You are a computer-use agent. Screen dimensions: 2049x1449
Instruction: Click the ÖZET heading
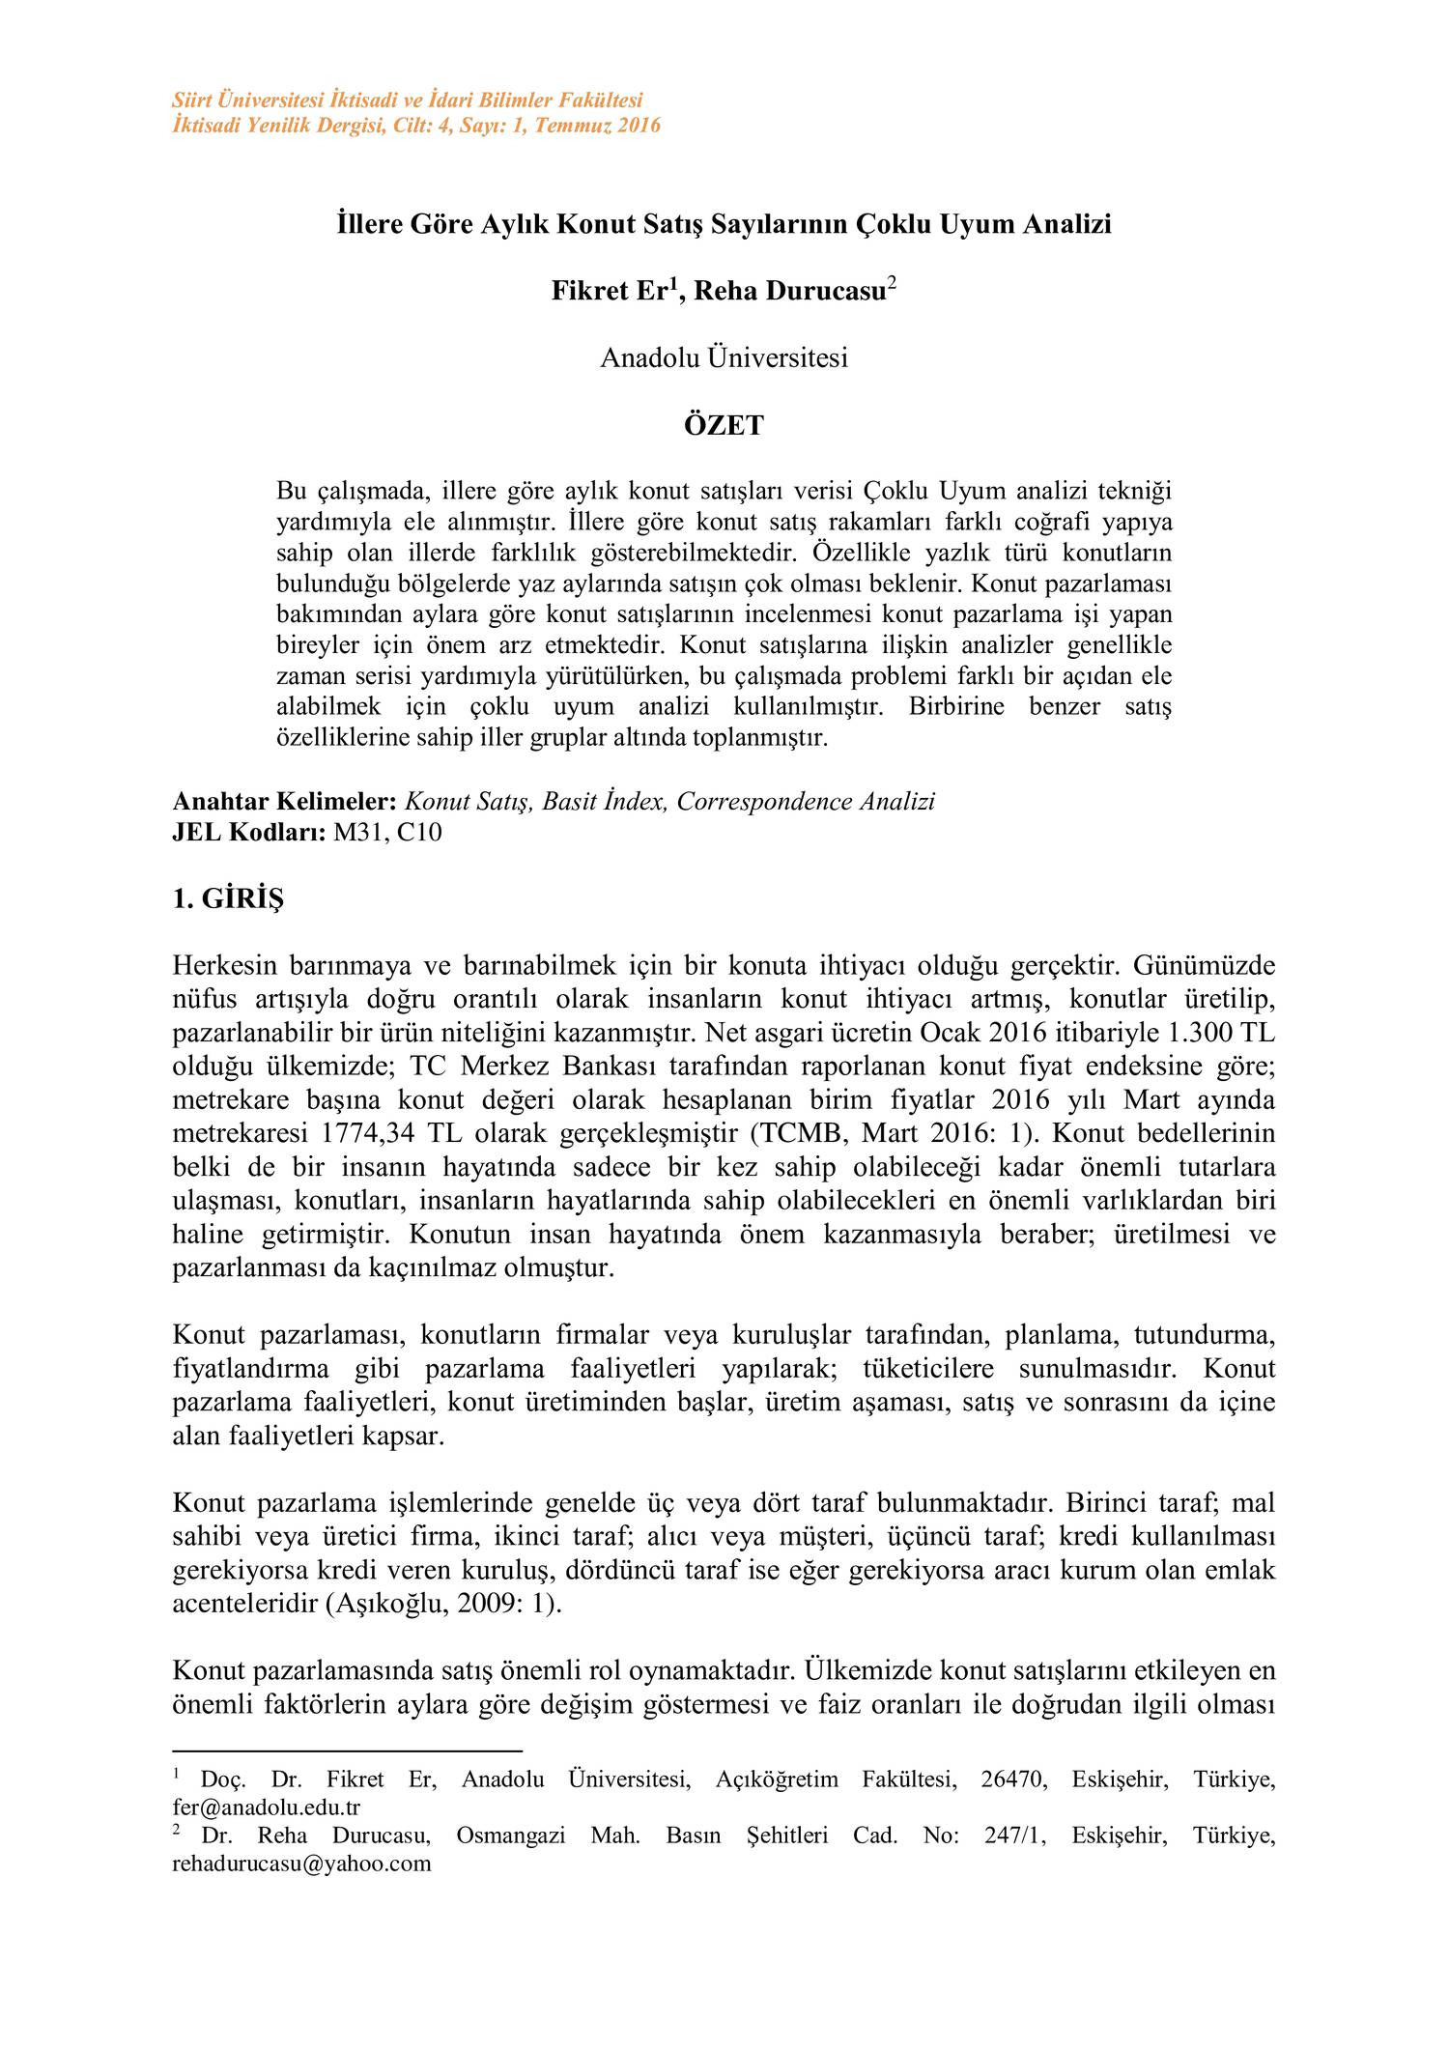(724, 426)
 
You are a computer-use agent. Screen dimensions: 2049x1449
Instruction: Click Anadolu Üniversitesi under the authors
(724, 358)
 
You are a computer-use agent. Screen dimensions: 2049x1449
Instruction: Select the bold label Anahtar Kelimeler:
(284, 802)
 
